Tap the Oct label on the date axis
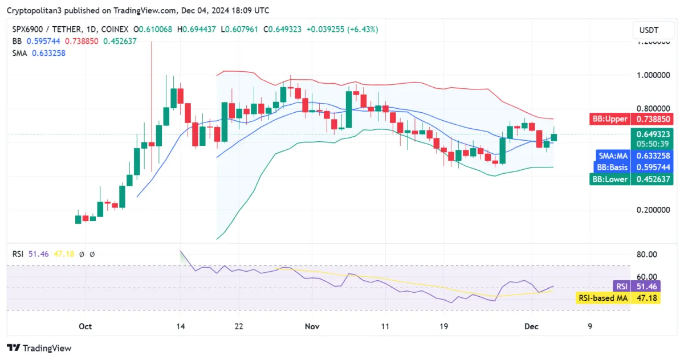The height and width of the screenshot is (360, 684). pos(85,326)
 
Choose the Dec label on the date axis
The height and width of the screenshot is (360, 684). pos(532,326)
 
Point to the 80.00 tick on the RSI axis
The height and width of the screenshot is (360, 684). pos(647,254)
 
